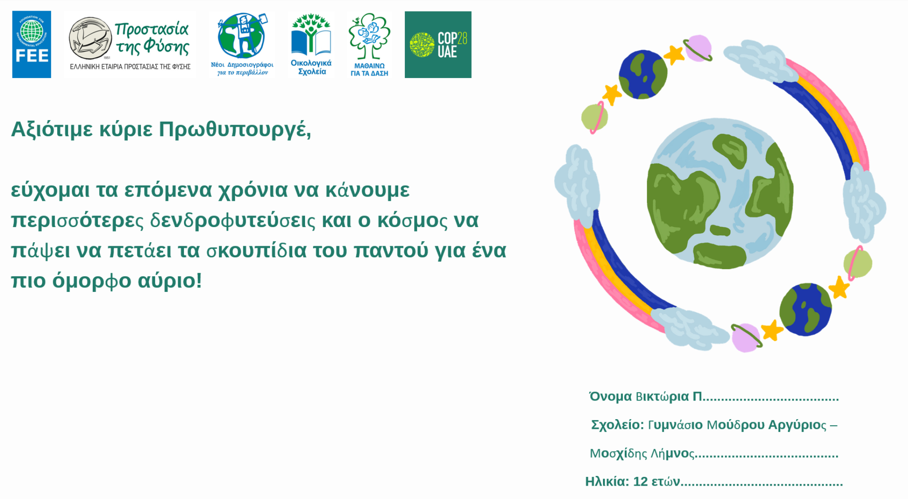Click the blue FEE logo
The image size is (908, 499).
pyautogui.click(x=31, y=44)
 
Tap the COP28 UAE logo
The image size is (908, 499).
pyautogui.click(x=438, y=44)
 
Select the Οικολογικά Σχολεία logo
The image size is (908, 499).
pyautogui.click(x=311, y=44)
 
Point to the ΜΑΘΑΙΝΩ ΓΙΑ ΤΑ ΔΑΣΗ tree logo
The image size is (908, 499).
pyautogui.click(x=369, y=44)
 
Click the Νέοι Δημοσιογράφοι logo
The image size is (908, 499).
pyautogui.click(x=242, y=44)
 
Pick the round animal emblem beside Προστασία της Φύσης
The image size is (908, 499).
pyautogui.click(x=90, y=38)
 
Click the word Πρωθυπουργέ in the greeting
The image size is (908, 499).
pyautogui.click(x=235, y=130)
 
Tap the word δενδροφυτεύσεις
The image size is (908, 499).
pyautogui.click(x=233, y=221)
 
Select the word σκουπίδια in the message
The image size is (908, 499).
pyautogui.click(x=257, y=251)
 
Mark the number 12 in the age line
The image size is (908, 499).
pyautogui.click(x=641, y=482)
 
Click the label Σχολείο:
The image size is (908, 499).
pyautogui.click(x=618, y=425)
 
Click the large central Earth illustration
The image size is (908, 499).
pyautogui.click(x=720, y=193)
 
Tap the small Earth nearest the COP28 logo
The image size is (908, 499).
pyautogui.click(x=643, y=74)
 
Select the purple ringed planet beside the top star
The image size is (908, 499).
pyautogui.click(x=698, y=48)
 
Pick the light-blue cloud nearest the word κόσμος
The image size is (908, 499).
pyautogui.click(x=577, y=182)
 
